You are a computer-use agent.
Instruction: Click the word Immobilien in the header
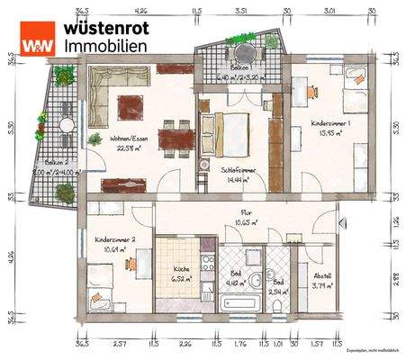(100, 46)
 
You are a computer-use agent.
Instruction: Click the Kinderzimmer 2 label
(115, 240)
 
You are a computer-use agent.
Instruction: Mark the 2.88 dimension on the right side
(397, 278)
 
